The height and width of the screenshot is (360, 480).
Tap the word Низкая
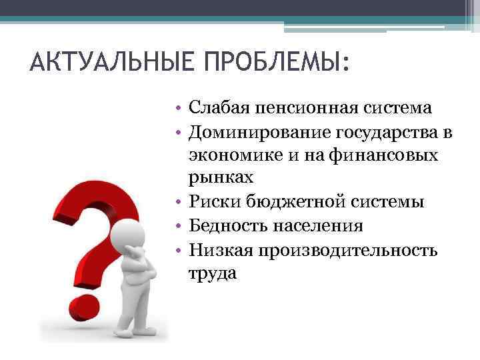217,249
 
